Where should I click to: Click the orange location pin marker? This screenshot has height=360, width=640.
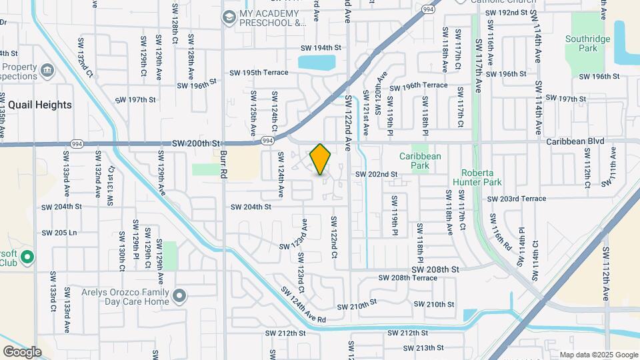pos(321,159)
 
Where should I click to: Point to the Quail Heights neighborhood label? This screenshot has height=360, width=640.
pos(39,105)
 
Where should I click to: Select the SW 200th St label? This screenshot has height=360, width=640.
pos(195,143)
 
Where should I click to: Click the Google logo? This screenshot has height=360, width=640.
pos(22,351)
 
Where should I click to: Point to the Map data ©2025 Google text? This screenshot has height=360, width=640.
pos(599,355)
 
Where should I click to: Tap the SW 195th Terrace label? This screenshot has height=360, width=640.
pos(259,73)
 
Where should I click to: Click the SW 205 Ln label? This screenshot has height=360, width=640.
pos(60,233)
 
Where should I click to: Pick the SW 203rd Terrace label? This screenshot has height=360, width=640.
pos(516,199)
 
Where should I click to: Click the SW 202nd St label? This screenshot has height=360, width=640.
pos(376,174)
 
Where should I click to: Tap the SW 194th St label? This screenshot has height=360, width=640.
pos(321,48)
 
